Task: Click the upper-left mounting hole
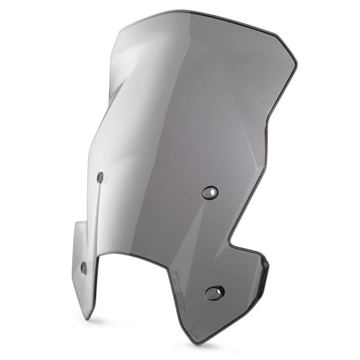(x=100, y=177)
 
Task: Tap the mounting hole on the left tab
(x=83, y=268)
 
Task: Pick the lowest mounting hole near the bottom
(x=215, y=292)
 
